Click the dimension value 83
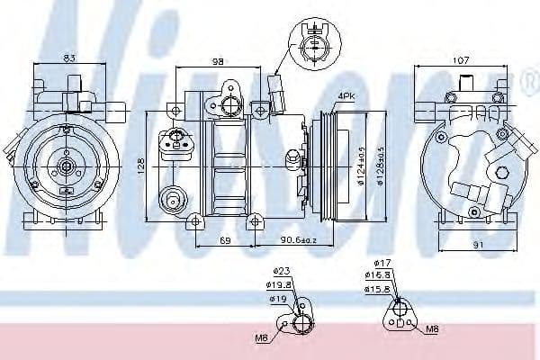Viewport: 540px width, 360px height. pos(68,59)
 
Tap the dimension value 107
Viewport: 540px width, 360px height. pos(462,60)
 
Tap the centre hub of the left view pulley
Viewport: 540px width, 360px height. pos(66,166)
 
